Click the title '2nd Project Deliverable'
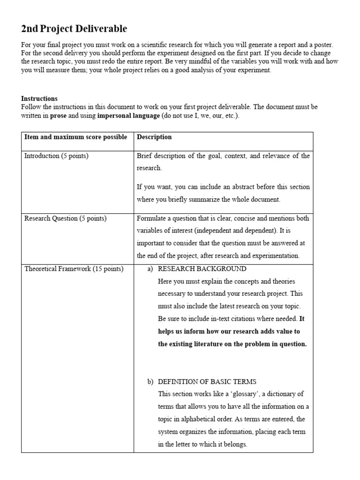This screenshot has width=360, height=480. coord(74,29)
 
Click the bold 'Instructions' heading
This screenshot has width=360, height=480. coord(39,98)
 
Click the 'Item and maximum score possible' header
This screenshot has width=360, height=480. coord(75,137)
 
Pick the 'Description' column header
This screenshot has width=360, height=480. coord(154,137)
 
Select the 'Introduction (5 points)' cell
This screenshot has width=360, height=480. coord(56,156)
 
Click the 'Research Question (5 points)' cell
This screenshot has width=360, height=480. coord(65,218)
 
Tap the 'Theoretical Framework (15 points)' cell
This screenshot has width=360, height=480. coord(74,269)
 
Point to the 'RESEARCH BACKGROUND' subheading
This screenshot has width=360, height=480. coord(202,269)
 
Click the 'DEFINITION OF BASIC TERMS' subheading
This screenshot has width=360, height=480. coord(207,382)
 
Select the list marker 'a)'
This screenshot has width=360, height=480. coord(150,269)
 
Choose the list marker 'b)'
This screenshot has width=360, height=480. coord(150,382)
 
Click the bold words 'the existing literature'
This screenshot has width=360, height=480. coord(187,344)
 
